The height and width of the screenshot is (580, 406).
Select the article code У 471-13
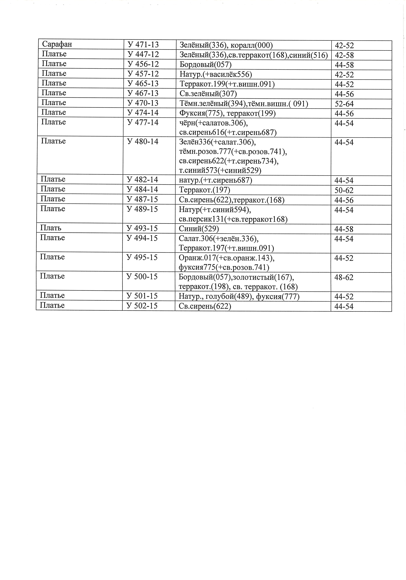pos(143,45)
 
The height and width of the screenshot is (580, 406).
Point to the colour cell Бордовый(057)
pos(205,65)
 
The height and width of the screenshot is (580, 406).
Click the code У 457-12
pos(143,74)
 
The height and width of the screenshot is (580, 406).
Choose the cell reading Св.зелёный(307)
pos(208,94)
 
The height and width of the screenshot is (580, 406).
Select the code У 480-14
pos(143,142)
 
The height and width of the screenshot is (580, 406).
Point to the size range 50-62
pos(344,190)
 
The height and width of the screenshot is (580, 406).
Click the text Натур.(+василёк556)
pos(216,74)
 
